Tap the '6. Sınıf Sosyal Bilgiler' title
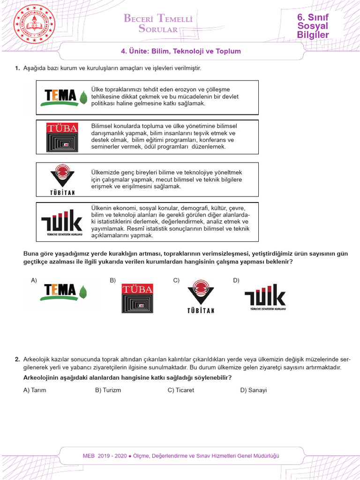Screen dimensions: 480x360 point(313,26)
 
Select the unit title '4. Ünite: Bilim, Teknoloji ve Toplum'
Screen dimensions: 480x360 point(181,52)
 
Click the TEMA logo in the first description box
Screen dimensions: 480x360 point(64,97)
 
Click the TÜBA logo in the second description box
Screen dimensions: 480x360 point(62,137)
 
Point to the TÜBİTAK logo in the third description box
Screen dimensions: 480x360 point(62,180)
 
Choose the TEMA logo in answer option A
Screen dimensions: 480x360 point(65,292)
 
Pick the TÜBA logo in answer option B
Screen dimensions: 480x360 point(137,298)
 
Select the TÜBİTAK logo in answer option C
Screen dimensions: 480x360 point(201,298)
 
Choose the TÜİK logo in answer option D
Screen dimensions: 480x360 point(265,297)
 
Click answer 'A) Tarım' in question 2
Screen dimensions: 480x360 point(35,390)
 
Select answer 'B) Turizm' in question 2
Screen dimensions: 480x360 point(108,390)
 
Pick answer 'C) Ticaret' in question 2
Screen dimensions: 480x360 point(180,390)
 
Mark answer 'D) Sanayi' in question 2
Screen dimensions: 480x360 point(253,390)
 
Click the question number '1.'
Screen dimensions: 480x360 point(17,68)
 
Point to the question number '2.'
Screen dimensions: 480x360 point(17,360)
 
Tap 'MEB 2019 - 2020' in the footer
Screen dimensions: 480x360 point(105,456)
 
